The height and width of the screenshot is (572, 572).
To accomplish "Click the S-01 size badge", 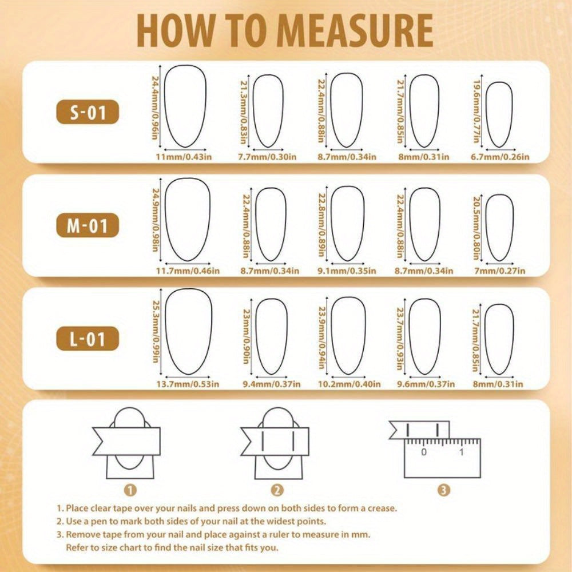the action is click(88, 112).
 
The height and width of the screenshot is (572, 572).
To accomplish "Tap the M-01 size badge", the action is click(88, 225).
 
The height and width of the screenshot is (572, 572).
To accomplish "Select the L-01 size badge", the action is click(88, 339).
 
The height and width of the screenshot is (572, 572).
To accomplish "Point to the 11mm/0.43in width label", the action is click(184, 157).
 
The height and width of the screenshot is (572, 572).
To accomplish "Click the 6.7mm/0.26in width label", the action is click(500, 157).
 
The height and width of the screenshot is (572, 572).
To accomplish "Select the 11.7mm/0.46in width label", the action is click(188, 271).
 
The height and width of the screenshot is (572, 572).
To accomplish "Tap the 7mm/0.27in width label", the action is click(500, 271).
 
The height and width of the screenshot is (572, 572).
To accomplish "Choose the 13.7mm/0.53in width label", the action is click(188, 384).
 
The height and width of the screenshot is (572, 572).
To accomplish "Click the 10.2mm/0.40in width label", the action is click(349, 384).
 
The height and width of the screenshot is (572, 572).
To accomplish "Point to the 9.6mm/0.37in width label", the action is click(426, 384).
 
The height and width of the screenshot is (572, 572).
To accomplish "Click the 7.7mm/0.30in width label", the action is click(267, 157).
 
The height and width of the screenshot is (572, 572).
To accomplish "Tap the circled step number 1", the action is click(130, 490).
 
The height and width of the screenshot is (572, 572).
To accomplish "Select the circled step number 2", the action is click(277, 490).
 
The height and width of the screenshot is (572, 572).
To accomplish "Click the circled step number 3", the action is click(443, 490).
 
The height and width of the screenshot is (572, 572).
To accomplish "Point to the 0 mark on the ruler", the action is click(423, 452).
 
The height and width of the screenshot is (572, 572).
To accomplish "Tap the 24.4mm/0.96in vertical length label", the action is click(156, 108).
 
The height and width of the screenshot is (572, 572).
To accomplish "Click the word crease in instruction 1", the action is click(382, 508).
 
